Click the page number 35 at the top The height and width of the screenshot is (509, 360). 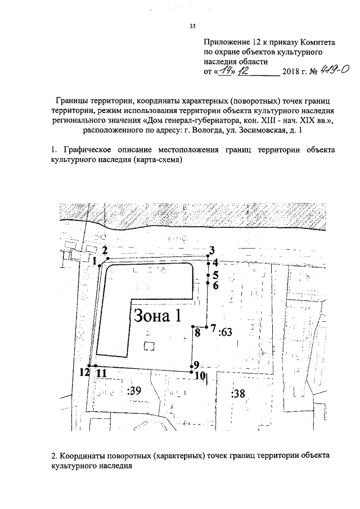(192, 25)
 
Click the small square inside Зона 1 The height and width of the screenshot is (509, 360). (148, 346)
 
